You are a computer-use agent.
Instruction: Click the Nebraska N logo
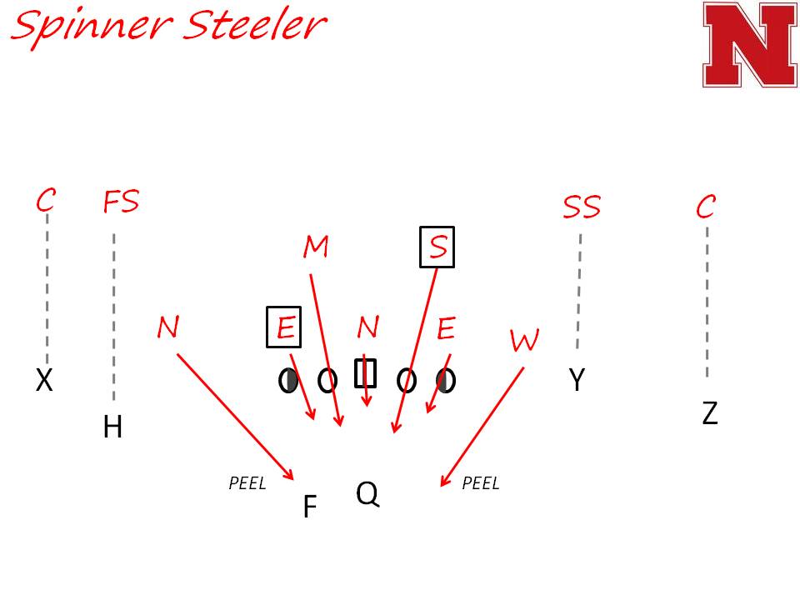pos(749,44)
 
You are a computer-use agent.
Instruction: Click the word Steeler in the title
pos(254,25)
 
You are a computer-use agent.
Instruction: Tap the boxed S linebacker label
pos(437,247)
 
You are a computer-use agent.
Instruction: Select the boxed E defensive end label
pos(284,327)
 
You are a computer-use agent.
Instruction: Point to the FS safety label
pos(121,202)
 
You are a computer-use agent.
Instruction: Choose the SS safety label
pos(582,207)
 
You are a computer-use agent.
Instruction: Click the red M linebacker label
pos(316,247)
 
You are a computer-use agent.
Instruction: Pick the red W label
pos(524,340)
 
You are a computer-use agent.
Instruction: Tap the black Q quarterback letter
pos(367,493)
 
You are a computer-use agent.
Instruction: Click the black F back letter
pos(309,507)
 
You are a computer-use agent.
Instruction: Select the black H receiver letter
pos(112,427)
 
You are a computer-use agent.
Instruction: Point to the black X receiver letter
pos(44,381)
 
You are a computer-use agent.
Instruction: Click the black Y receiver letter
pos(577,380)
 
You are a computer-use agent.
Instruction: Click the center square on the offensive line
pos(366,373)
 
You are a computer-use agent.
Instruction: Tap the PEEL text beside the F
pos(247,483)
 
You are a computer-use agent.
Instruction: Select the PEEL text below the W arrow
pos(480,483)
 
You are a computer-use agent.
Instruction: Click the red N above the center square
pos(367,328)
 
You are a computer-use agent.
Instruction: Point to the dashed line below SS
pos(578,292)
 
